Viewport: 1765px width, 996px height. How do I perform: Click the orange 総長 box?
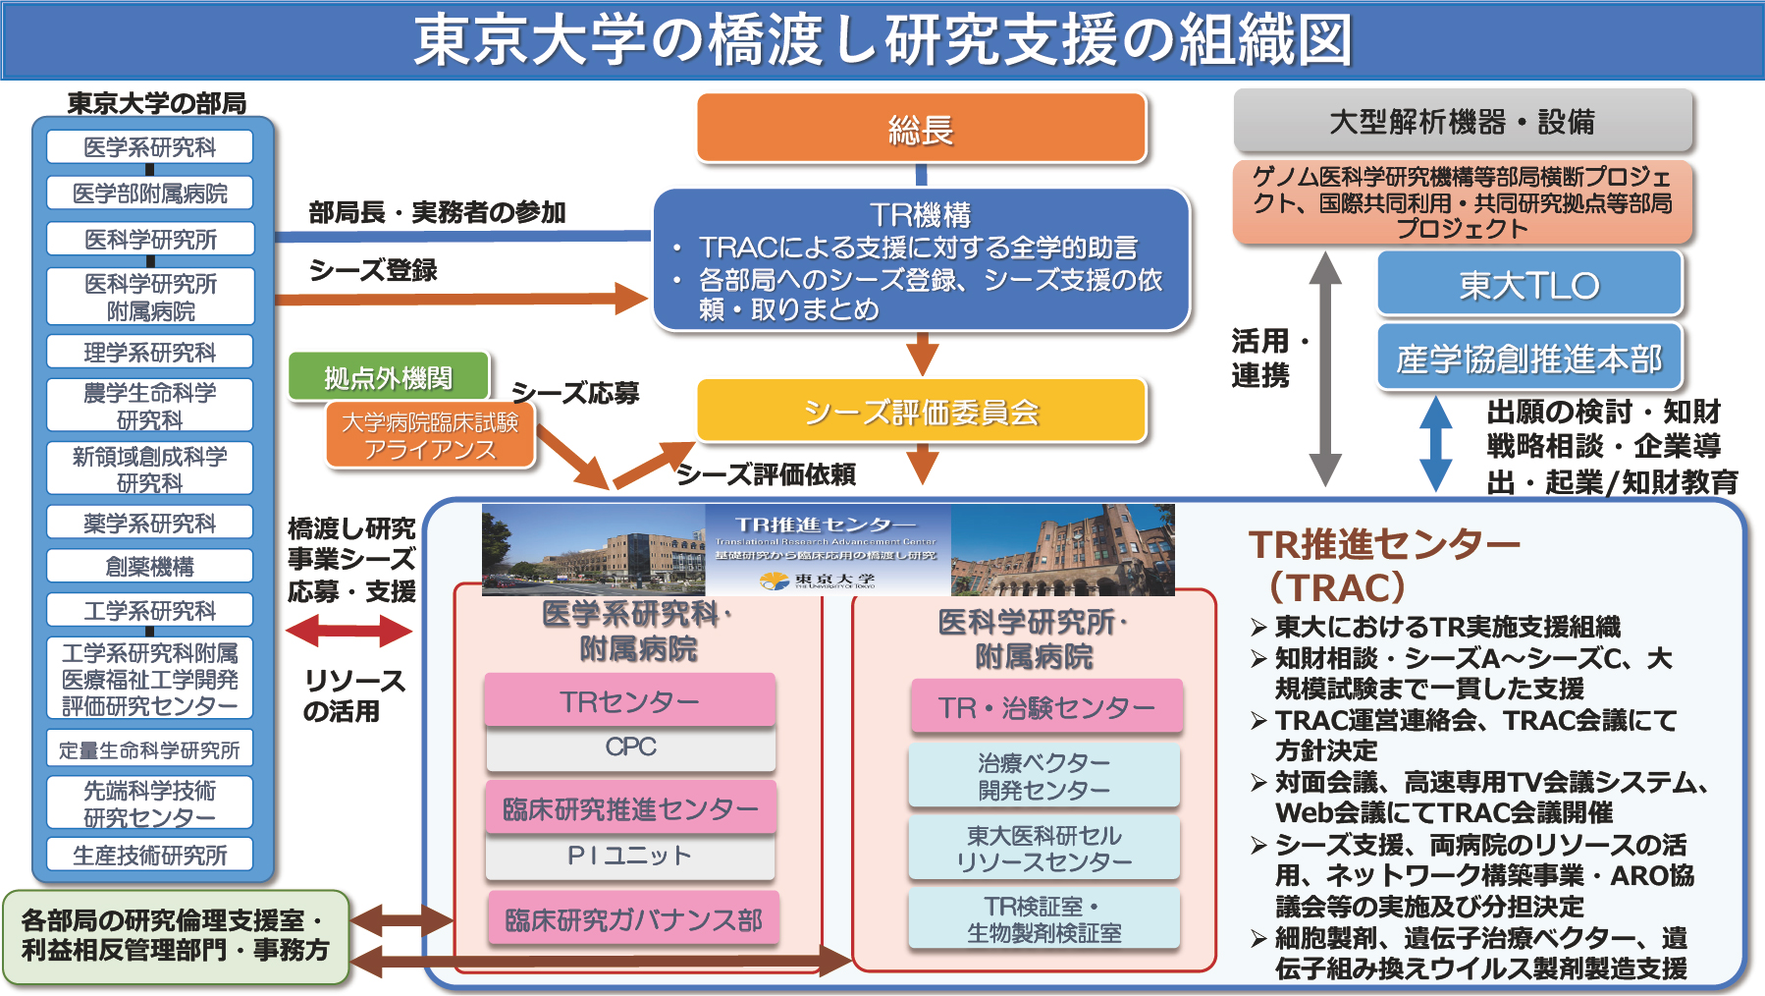point(921,128)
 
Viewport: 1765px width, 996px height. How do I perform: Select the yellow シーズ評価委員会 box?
point(921,411)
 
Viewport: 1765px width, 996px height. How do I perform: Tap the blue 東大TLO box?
point(1528,285)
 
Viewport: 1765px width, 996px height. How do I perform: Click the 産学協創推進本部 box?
point(1528,359)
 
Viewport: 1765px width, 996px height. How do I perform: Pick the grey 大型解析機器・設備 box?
point(1462,122)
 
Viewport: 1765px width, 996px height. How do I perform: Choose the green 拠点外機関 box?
point(388,377)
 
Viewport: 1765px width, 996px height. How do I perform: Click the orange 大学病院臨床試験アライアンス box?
point(429,435)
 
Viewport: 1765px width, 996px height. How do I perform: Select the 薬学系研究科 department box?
point(149,523)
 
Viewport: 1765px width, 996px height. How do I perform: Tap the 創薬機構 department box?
point(149,567)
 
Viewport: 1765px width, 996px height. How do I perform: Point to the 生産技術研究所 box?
point(149,855)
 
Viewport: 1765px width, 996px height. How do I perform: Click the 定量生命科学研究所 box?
point(149,750)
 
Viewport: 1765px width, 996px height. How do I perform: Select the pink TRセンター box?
point(629,701)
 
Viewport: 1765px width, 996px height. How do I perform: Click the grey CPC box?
point(630,747)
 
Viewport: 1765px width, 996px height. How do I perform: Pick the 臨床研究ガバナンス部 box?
point(633,919)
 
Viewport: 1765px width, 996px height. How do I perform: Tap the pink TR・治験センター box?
point(1045,707)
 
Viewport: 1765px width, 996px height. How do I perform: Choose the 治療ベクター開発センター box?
point(1043,776)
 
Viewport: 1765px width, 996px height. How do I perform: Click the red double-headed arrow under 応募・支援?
point(348,631)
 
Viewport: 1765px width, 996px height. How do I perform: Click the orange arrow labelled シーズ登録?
point(461,298)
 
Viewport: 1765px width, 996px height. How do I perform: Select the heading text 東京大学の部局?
point(156,103)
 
